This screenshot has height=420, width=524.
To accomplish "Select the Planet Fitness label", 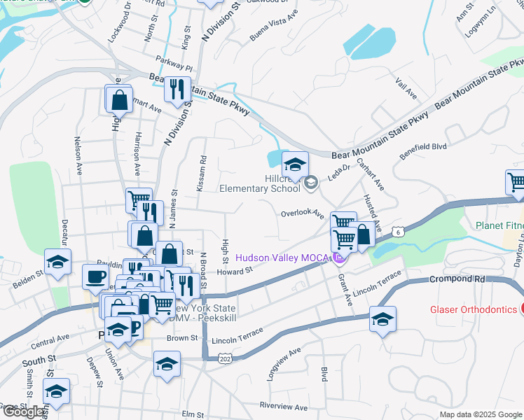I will pyautogui.click(x=499, y=226).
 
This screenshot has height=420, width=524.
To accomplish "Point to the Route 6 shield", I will pyautogui.click(x=397, y=231).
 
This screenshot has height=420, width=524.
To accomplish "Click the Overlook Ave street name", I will pyautogui.click(x=302, y=213).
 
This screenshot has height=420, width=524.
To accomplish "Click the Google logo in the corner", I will pyautogui.click(x=24, y=412).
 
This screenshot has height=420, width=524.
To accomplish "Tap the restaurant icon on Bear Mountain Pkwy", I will pyautogui.click(x=177, y=89).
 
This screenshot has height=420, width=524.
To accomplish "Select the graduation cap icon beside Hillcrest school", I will pyautogui.click(x=296, y=164).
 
